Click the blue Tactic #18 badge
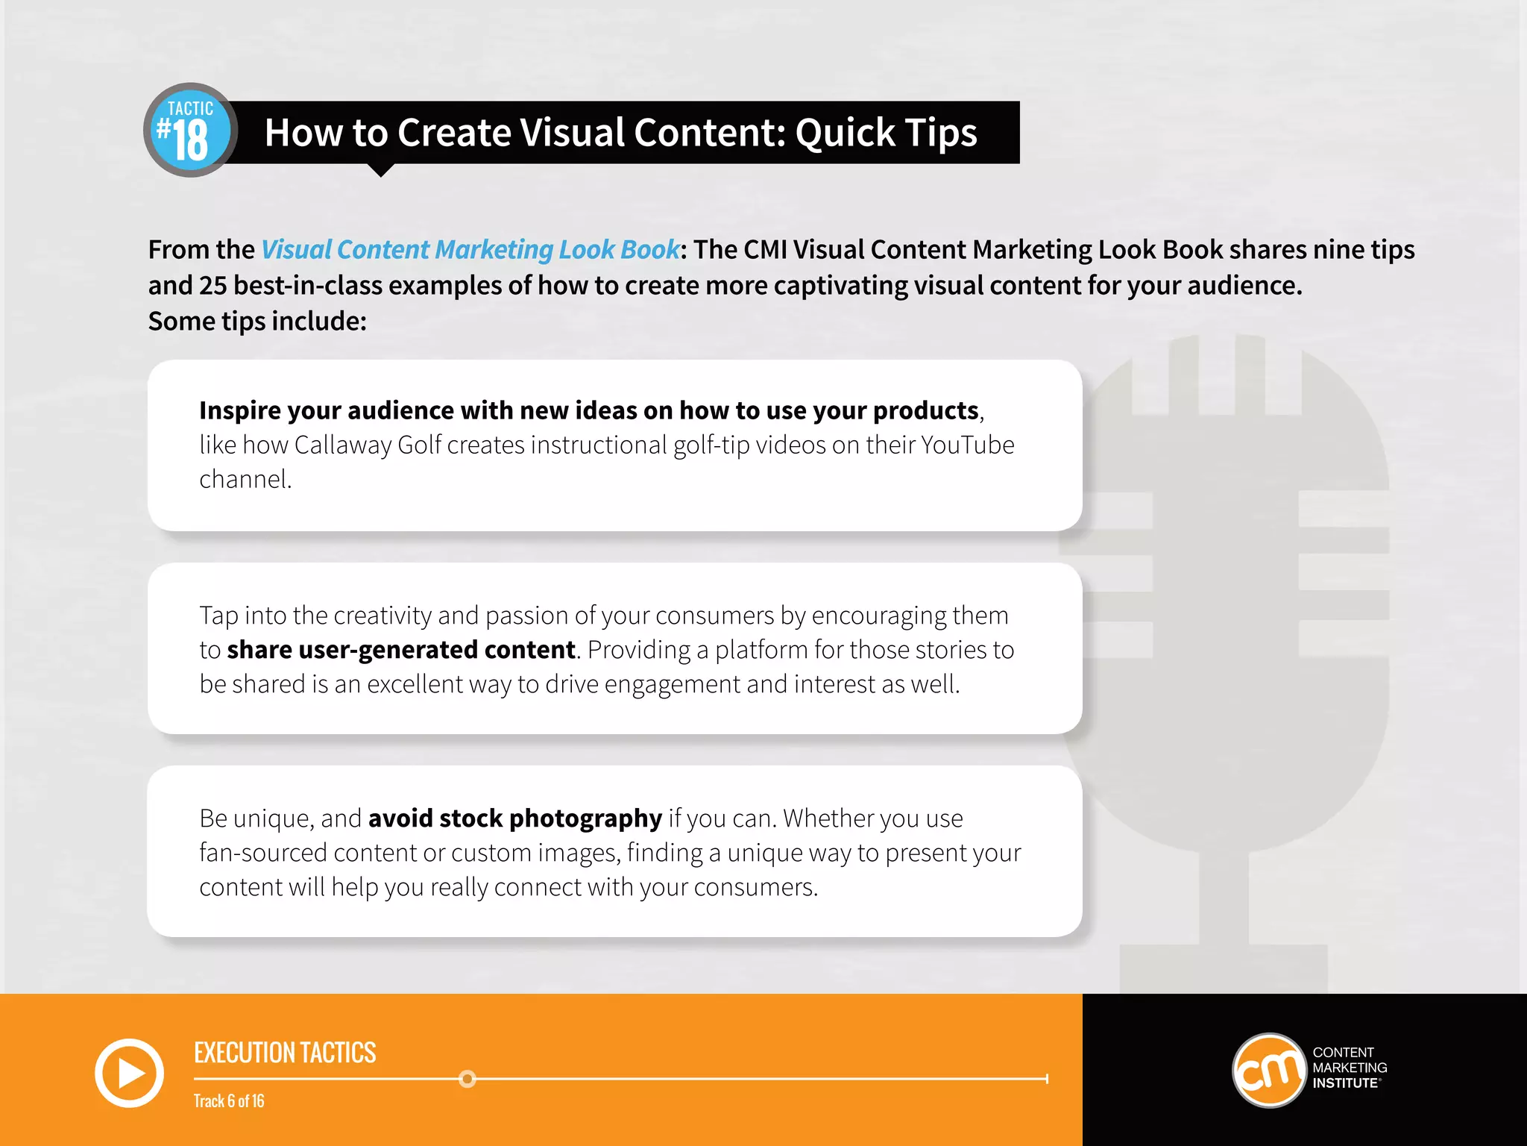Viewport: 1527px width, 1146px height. click(190, 131)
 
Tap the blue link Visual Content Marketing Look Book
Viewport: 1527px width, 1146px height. click(470, 249)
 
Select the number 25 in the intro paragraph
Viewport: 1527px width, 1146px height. click(212, 286)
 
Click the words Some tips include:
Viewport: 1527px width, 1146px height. click(257, 322)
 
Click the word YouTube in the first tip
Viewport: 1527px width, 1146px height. click(968, 445)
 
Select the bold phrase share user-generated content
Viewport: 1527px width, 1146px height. click(401, 650)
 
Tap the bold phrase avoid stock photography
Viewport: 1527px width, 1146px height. click(514, 818)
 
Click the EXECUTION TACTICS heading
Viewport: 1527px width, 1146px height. click(285, 1053)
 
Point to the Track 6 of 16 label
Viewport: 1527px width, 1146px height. click(229, 1101)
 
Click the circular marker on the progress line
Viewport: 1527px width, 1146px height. click(467, 1079)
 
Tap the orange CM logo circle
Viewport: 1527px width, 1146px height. click(1268, 1071)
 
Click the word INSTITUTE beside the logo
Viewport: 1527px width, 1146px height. click(1345, 1083)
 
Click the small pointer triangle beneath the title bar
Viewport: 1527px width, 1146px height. click(381, 171)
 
